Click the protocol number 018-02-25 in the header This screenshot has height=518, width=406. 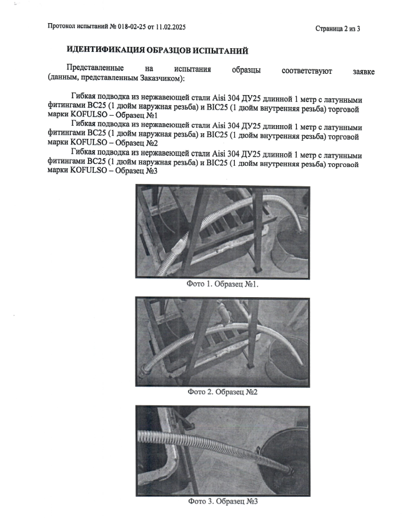131,28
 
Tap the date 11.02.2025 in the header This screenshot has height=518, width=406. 170,28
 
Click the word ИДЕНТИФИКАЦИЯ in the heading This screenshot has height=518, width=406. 105,50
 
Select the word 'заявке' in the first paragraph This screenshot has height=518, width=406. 362,71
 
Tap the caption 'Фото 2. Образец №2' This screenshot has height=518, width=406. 222,392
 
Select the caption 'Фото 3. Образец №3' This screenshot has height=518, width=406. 222,501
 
